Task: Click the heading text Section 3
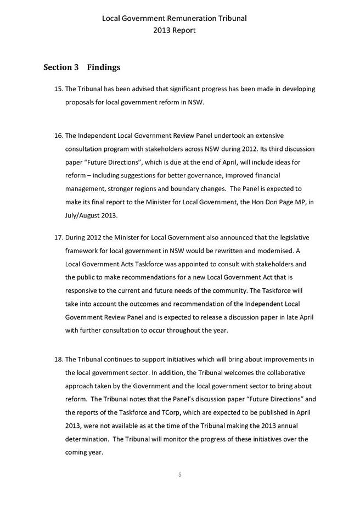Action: coord(61,68)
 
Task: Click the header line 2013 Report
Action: coord(174,31)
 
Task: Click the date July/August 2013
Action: coord(91,216)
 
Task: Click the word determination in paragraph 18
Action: coord(86,439)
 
